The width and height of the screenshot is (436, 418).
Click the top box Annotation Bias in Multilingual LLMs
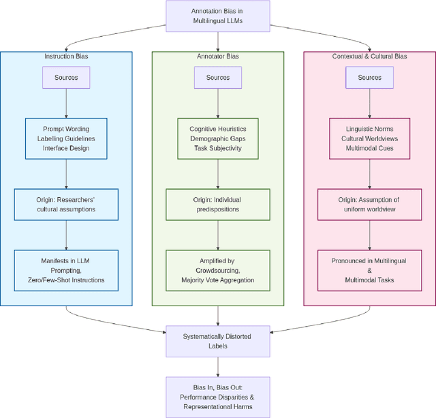coord(217,16)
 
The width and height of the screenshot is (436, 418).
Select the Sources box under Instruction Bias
coord(66,77)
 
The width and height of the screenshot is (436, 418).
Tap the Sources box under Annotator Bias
coord(217,77)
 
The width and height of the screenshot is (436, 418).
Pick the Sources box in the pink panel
coord(369,77)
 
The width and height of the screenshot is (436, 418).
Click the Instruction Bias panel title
coord(66,56)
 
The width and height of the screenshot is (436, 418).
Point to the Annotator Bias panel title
coord(217,56)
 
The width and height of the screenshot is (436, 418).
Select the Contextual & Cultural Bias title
coord(369,56)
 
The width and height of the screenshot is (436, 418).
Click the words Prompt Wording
coord(66,128)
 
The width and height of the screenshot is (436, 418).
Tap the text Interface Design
coord(66,148)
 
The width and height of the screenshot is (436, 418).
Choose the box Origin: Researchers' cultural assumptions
coord(66,205)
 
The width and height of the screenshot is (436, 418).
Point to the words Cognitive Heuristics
coord(217,128)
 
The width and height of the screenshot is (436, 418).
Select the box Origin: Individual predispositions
coord(217,205)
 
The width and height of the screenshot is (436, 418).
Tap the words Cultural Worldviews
coord(369,138)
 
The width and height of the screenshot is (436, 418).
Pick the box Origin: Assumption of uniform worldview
coord(369,205)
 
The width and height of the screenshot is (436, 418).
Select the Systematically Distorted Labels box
coord(217,341)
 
